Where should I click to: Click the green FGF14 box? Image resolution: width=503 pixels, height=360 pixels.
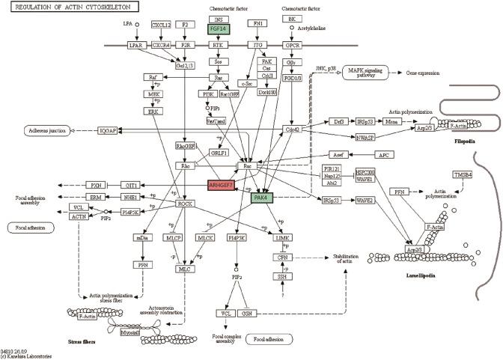click(x=219, y=29)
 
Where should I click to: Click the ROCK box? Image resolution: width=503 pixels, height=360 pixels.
click(x=185, y=204)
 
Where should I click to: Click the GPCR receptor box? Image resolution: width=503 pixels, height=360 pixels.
click(x=291, y=46)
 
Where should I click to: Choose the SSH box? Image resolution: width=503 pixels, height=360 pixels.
click(x=281, y=275)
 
